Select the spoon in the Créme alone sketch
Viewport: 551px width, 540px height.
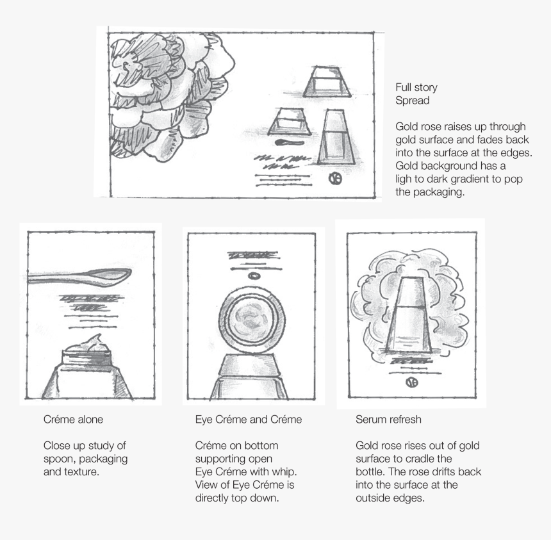tap(80, 276)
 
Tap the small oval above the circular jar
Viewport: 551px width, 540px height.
tap(254, 276)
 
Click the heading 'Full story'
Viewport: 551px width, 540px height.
tap(416, 87)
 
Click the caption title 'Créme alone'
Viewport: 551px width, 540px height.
tap(73, 420)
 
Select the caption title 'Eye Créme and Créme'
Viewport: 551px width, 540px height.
tap(248, 420)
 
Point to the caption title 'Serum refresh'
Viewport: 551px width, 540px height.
tap(388, 420)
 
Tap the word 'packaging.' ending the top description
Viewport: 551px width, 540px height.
tap(429, 192)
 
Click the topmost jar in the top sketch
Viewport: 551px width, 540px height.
tap(327, 81)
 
